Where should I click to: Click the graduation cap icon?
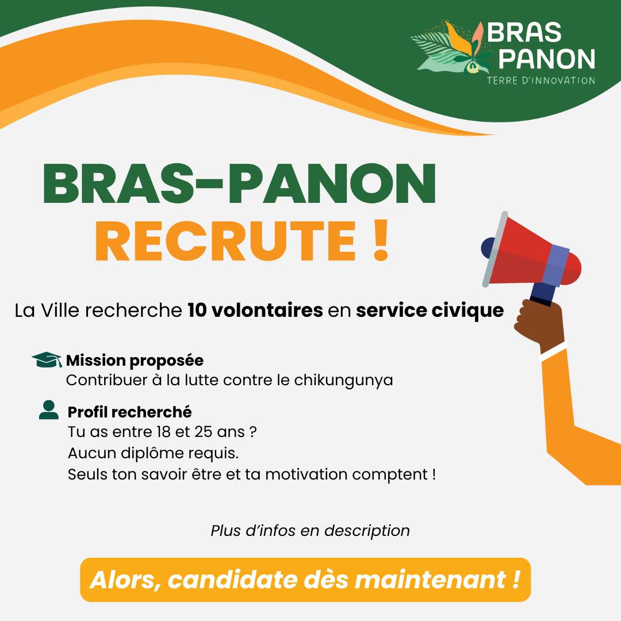47,359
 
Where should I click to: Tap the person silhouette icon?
49,409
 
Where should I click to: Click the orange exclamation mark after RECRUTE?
381,240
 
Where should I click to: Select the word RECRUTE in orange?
226,241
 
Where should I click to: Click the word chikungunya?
343,380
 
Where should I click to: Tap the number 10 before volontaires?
197,310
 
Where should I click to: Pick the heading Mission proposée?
135,361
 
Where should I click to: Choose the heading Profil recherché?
129,412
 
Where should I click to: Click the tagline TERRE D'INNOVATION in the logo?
540,80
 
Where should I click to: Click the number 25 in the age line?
204,432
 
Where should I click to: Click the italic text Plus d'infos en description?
310,531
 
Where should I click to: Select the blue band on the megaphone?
556,265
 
